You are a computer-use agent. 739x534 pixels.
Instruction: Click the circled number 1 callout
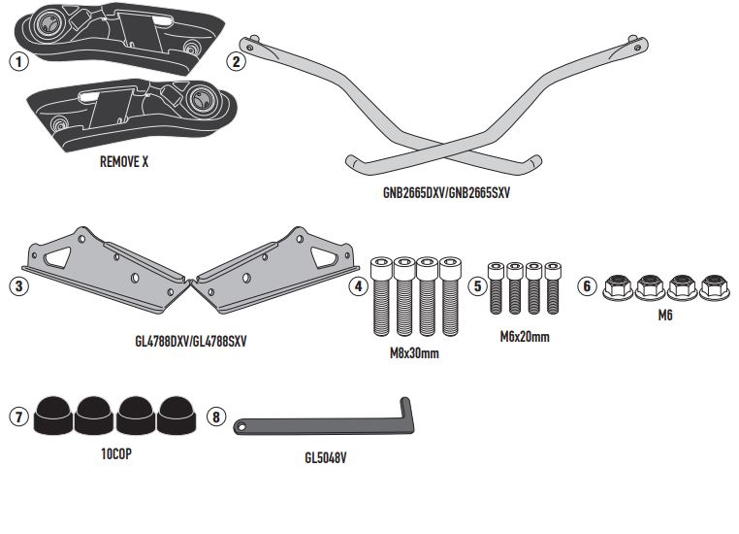coord(17,61)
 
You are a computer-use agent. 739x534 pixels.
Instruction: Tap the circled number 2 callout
coord(235,61)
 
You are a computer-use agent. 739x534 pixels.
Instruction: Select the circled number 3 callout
coord(17,288)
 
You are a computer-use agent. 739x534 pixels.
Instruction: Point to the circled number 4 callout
coord(359,287)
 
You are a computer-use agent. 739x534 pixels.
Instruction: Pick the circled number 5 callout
coord(476,287)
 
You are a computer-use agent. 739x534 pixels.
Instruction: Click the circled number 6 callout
coord(586,286)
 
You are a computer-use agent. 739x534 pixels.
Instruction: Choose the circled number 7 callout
coord(17,417)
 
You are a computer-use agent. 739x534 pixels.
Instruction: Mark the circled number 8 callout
coord(215,417)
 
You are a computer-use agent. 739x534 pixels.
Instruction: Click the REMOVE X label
coord(124,163)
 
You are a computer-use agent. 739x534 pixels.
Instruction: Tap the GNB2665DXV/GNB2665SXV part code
coord(446,193)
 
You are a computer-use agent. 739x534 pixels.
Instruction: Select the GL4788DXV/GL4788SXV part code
coord(190,343)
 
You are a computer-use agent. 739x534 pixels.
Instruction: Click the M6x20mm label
coord(523,337)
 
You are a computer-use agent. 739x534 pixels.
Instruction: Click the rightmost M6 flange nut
coord(714,287)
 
